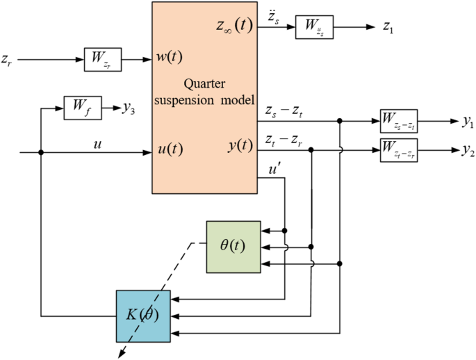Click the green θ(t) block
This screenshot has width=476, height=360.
pyautogui.click(x=233, y=246)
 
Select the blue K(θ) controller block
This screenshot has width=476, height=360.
pyautogui.click(x=143, y=314)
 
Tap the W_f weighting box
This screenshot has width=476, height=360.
pyautogui.click(x=83, y=108)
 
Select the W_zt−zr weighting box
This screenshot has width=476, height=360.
pyautogui.click(x=398, y=149)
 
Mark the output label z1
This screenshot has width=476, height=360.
pyautogui.click(x=388, y=28)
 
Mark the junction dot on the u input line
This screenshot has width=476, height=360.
pyautogui.click(x=42, y=152)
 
